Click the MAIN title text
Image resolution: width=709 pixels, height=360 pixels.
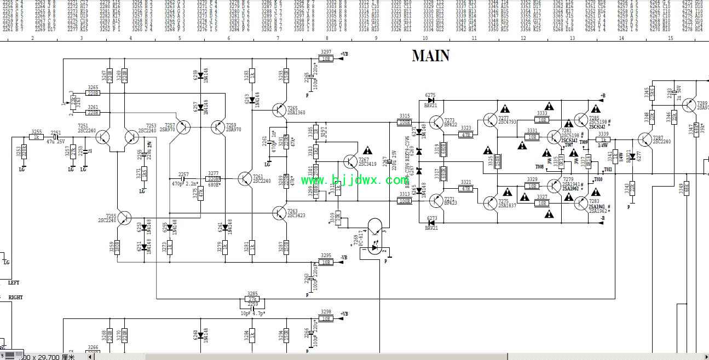430,56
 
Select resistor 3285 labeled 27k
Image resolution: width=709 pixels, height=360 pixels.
252,299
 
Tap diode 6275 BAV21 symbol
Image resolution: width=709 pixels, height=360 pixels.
430,100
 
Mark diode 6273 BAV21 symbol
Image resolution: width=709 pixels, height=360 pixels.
430,221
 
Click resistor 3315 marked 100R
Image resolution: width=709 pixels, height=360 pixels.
405,122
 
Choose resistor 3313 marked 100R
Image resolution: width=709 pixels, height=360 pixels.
405,201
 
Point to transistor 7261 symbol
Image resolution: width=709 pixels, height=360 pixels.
244,177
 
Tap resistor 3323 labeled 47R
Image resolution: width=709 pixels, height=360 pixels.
466,134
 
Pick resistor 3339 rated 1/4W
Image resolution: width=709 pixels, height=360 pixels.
603,140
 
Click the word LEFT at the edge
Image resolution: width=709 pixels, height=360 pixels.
14,282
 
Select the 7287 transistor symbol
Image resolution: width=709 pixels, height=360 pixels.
646,140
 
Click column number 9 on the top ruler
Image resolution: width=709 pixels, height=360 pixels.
376,38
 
